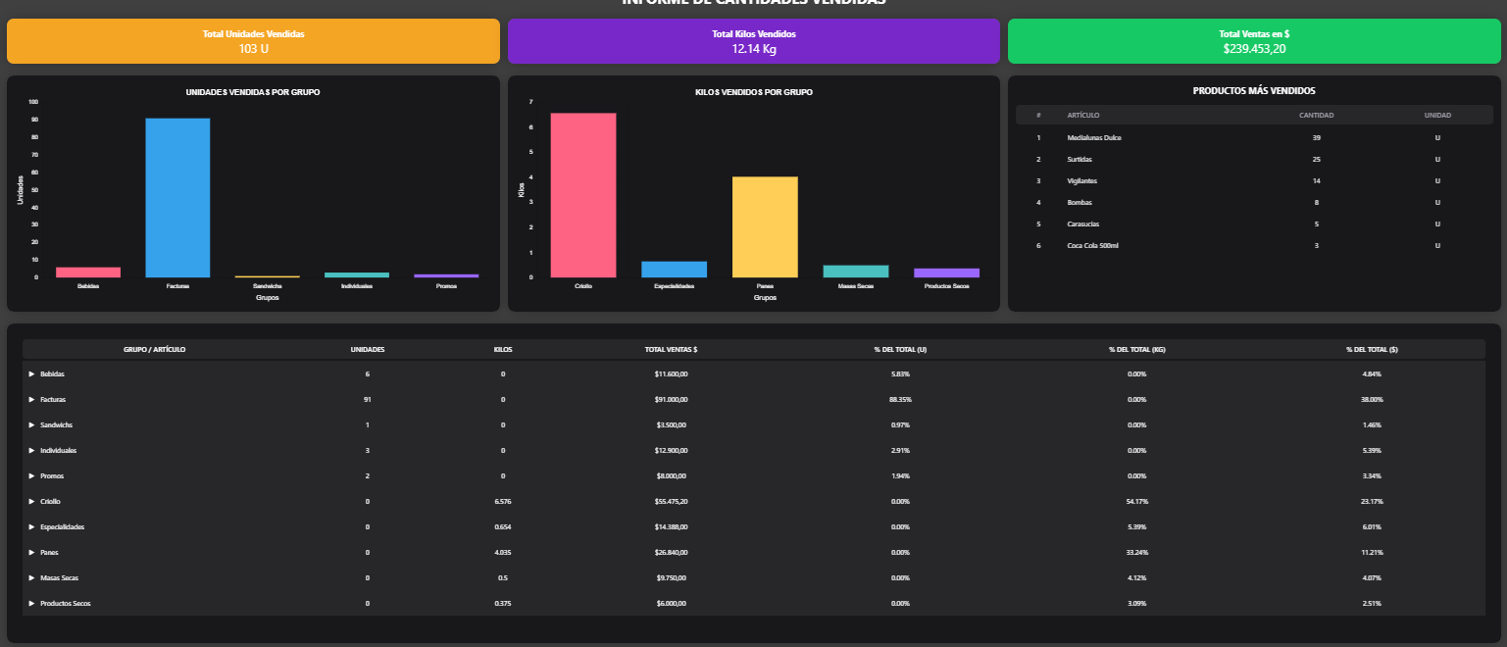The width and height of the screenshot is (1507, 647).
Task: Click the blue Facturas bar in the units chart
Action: [x=177, y=197]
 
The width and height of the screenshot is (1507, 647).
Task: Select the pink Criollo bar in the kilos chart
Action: [x=583, y=195]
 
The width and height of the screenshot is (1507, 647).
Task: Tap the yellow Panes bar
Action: [x=765, y=226]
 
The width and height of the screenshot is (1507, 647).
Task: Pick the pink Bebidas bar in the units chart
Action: [x=88, y=272]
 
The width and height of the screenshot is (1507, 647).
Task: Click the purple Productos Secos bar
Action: [x=946, y=273]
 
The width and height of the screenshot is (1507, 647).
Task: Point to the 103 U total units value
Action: [x=254, y=48]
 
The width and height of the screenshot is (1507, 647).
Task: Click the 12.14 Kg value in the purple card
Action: [x=753, y=48]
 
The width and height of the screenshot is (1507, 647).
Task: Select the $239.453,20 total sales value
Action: [x=1254, y=48]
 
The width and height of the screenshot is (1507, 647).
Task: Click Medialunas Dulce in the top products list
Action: [x=1093, y=137]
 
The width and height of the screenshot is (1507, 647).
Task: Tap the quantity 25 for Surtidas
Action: [x=1316, y=159]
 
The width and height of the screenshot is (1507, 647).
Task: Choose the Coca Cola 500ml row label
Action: [x=1092, y=245]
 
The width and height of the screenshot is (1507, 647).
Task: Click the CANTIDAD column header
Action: [x=1316, y=116]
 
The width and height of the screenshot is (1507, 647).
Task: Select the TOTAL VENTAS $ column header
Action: [x=671, y=349]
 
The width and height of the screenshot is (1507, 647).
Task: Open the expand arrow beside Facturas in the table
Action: [x=31, y=400]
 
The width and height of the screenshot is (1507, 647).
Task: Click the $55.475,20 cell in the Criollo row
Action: [x=671, y=502]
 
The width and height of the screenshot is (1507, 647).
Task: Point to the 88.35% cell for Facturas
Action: [x=900, y=400]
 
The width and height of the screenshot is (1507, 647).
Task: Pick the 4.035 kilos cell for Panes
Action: [x=502, y=553]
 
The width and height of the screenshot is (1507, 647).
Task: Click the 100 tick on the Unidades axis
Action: [x=33, y=102]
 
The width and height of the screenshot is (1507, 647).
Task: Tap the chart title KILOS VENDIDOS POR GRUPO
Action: [x=754, y=92]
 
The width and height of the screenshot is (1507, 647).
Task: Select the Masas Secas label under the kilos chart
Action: [x=855, y=286]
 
